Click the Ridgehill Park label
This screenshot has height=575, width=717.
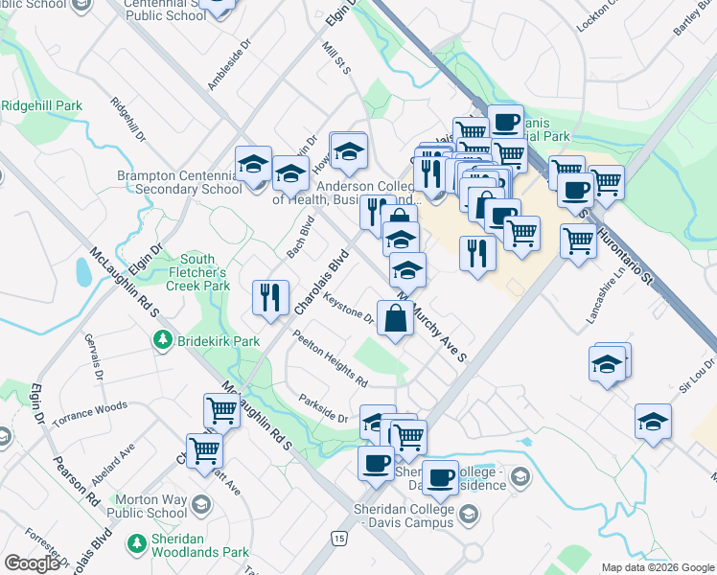coord(41,104)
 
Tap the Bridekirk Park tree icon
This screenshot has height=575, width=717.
coord(163,340)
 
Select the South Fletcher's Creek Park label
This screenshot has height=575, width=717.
coord(198,272)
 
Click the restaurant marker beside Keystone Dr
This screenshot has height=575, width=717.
coord(270,298)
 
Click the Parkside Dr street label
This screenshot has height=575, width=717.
coord(323,409)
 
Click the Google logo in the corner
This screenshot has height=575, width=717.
coord(32,563)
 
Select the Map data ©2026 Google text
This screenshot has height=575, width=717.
coord(657,567)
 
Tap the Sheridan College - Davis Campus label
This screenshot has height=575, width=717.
coord(403,522)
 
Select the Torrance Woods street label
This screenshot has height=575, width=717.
coord(90,407)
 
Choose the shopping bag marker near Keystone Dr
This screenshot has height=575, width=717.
coord(395,318)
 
